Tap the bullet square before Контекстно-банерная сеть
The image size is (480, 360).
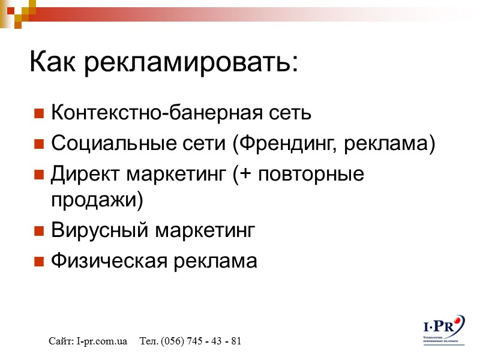click(x=39, y=113)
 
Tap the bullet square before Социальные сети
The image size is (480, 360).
click(x=39, y=144)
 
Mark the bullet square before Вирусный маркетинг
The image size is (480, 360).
click(x=39, y=231)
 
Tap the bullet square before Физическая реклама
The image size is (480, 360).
click(x=39, y=262)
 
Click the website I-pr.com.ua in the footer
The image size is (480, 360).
click(x=102, y=341)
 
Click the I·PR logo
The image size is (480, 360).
click(x=445, y=327)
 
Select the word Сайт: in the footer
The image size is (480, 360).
click(x=62, y=341)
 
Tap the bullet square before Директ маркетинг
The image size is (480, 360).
click(x=39, y=175)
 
